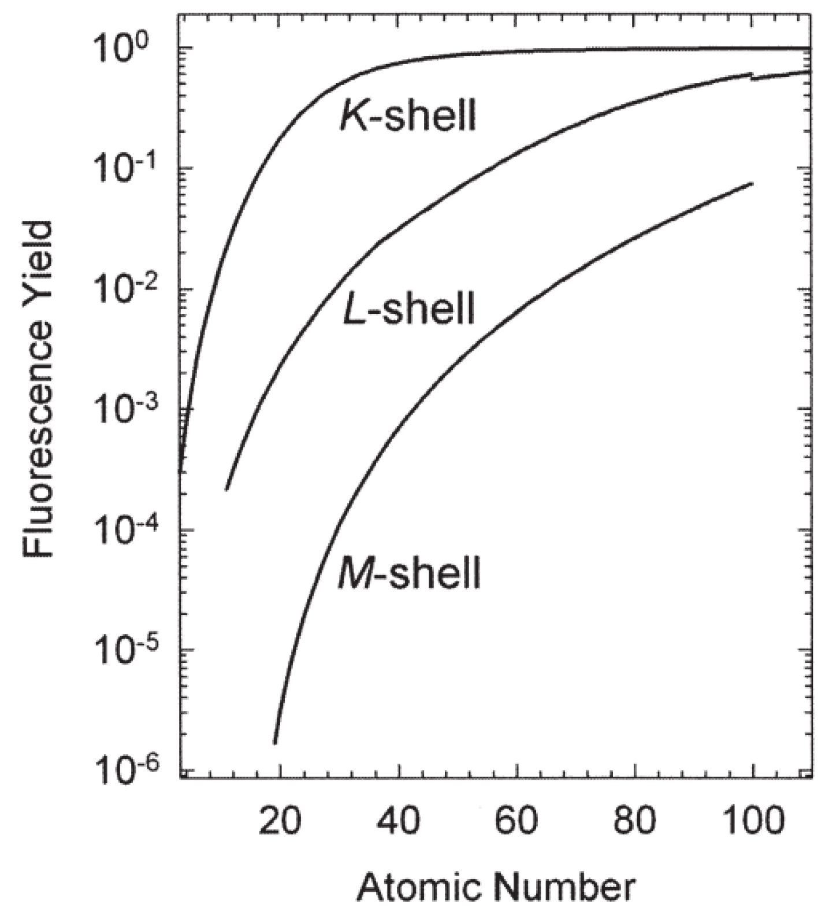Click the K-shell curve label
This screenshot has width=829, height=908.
[407, 116]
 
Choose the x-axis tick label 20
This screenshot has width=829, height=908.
[280, 820]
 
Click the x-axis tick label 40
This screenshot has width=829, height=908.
[399, 820]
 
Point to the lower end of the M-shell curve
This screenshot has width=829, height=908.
[275, 743]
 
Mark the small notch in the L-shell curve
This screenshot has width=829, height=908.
[752, 75]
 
